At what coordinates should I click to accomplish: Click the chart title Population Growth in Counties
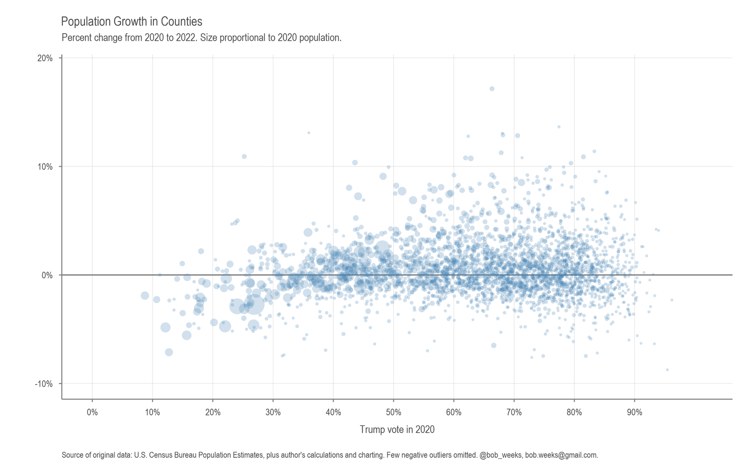(132, 22)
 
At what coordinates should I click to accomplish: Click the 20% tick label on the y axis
(45, 58)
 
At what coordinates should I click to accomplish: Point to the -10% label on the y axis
(44, 384)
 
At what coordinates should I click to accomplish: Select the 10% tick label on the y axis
(45, 167)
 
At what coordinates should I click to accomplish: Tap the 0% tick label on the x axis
(92, 412)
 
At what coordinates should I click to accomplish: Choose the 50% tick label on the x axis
(393, 412)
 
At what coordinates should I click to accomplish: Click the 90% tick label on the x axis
(634, 412)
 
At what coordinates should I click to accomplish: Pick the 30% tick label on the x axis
(273, 412)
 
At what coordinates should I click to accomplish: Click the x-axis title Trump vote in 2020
(397, 429)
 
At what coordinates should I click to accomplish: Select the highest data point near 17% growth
(492, 89)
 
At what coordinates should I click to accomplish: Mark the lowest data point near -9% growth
(667, 370)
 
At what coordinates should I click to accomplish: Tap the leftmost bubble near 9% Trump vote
(145, 296)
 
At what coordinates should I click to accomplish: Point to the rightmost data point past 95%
(671, 300)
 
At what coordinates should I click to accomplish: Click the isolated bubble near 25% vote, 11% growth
(244, 156)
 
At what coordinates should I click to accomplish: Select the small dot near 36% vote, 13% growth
(308, 133)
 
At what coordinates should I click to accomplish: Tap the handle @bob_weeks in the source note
(501, 455)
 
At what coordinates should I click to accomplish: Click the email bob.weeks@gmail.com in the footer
(561, 455)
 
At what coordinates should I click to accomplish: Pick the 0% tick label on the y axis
(47, 275)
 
